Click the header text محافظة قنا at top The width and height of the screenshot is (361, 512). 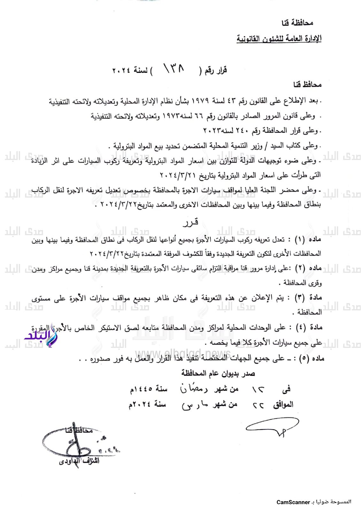[x=297, y=23]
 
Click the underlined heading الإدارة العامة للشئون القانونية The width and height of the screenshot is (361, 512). [x=279, y=39]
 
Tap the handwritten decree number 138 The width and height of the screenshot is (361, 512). [x=174, y=68]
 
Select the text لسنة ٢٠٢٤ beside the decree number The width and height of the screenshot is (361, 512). [x=130, y=70]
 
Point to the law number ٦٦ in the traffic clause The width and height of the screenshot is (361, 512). [x=199, y=116]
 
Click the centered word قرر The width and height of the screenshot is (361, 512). [x=191, y=222]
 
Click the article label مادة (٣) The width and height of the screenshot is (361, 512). [x=308, y=298]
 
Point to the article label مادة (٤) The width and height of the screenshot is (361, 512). [x=308, y=327]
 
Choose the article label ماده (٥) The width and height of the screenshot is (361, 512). [x=311, y=358]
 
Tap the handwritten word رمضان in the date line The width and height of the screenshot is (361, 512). [x=194, y=388]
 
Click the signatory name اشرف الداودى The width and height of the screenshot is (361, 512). [x=79, y=461]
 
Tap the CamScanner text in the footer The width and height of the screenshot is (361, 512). [x=293, y=502]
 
